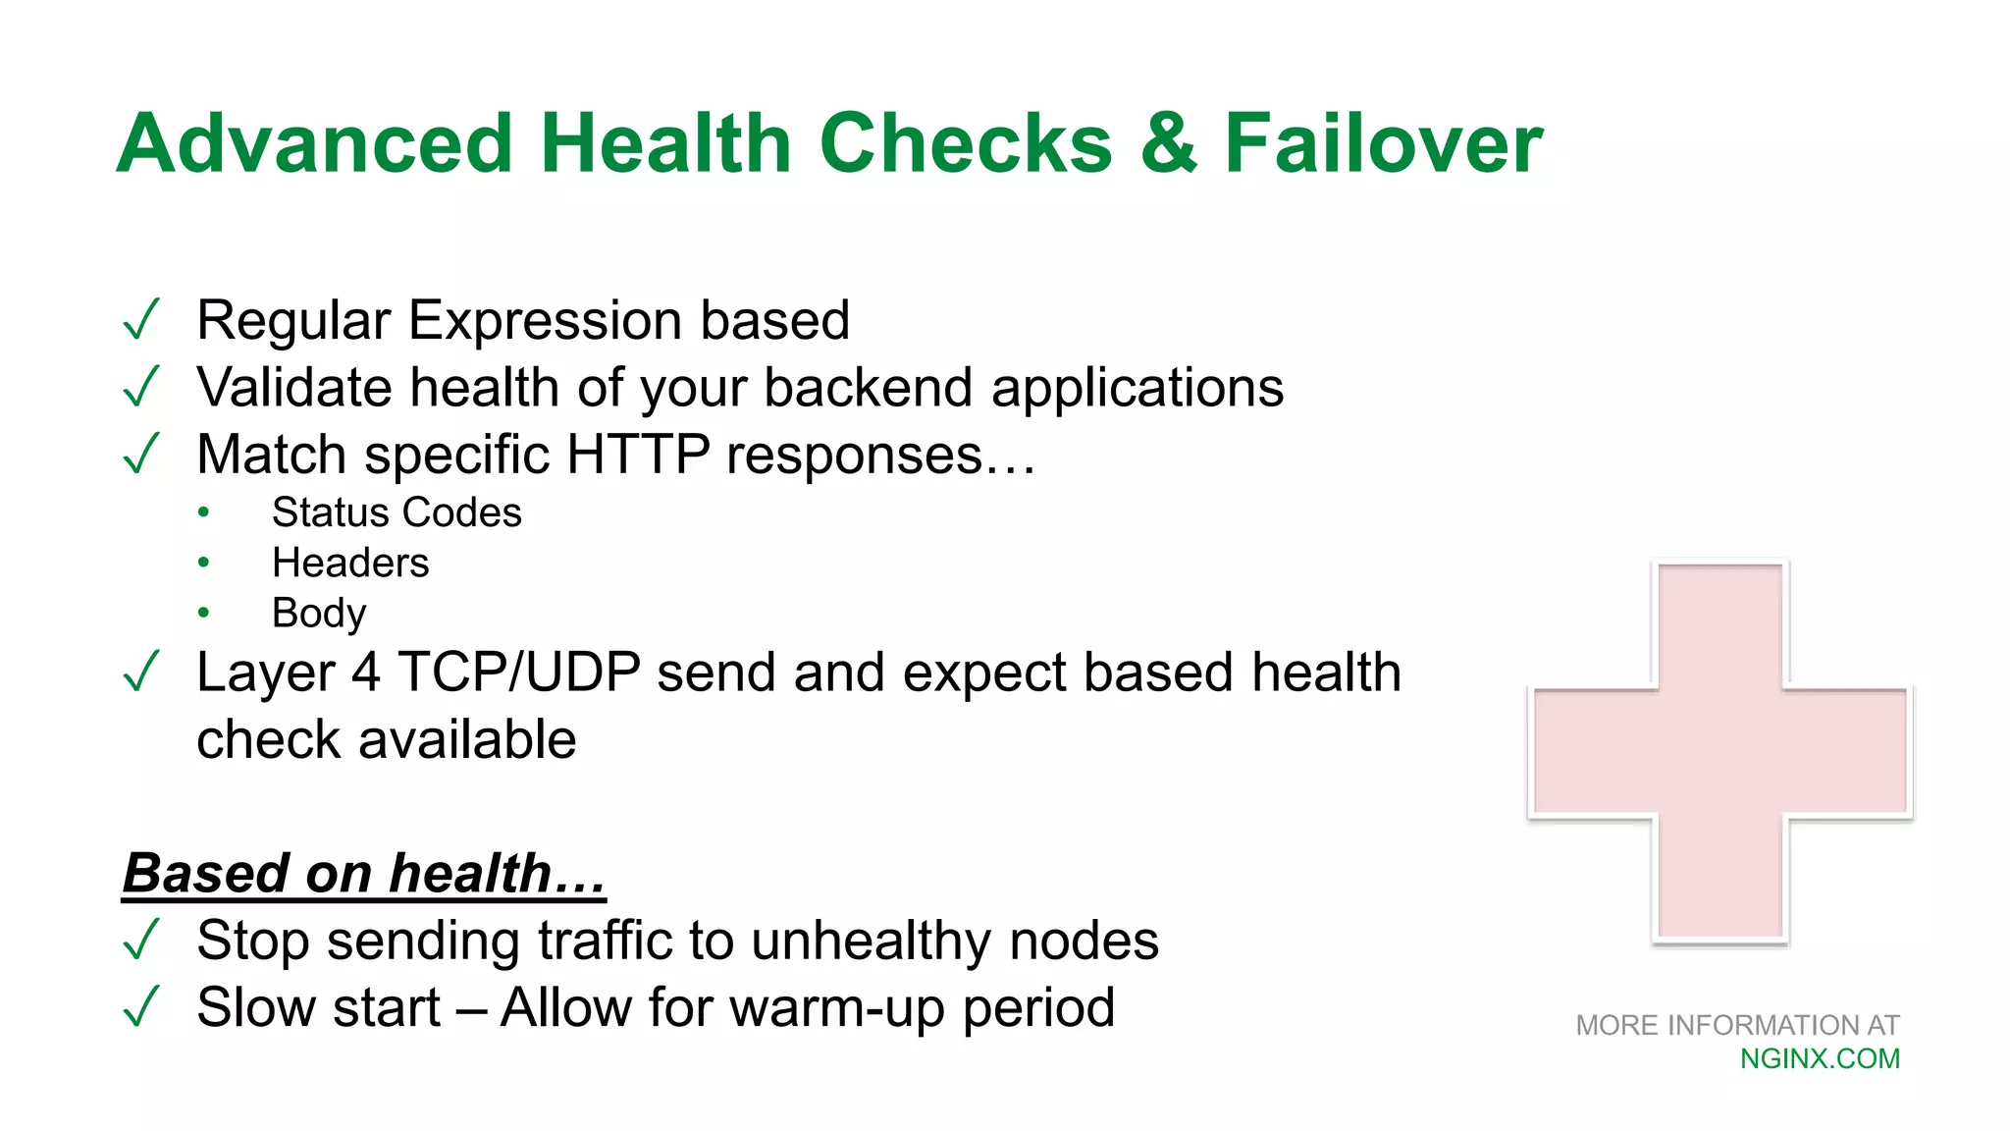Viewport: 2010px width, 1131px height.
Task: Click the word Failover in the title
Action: coord(1383,143)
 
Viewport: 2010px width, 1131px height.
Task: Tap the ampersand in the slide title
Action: coord(1169,143)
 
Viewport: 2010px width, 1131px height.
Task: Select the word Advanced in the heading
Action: coord(315,143)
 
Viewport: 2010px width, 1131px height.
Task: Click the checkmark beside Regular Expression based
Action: coord(141,320)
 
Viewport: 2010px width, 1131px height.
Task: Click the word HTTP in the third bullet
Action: coord(638,455)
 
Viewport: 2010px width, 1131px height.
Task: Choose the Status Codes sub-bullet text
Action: coord(397,512)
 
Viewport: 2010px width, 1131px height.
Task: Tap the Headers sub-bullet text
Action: coord(350,563)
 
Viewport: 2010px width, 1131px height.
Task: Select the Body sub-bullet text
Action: coord(318,614)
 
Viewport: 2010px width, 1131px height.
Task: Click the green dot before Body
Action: coord(203,613)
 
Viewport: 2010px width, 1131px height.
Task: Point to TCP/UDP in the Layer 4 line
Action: coord(518,673)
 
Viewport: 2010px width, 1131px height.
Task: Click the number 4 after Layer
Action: coord(365,673)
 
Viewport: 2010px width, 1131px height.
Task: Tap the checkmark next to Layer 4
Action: coord(141,673)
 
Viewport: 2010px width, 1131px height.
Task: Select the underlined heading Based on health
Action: coord(364,873)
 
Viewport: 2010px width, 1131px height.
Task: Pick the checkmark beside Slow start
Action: coord(141,1007)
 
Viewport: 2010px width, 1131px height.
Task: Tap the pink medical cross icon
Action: coord(1719,752)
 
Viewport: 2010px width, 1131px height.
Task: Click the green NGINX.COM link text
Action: coord(1820,1058)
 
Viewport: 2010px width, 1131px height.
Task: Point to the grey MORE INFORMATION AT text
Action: coord(1737,1025)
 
